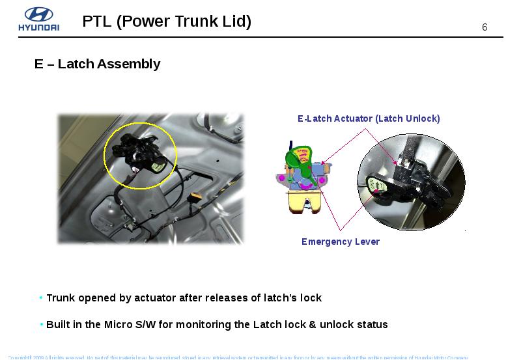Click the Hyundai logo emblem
[x=38, y=14]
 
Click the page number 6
[x=485, y=27]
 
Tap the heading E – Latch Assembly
[x=97, y=64]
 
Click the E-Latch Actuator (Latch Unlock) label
[x=369, y=118]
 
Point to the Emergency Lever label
[x=340, y=242]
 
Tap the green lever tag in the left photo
[x=157, y=167]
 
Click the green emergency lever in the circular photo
[x=378, y=186]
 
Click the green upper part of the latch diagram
[x=300, y=159]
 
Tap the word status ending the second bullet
[x=372, y=324]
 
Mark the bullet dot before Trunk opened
[x=41, y=298]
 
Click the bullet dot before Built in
[x=41, y=324]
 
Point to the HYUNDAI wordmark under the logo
[x=38, y=27]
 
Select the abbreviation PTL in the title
[x=97, y=21]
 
